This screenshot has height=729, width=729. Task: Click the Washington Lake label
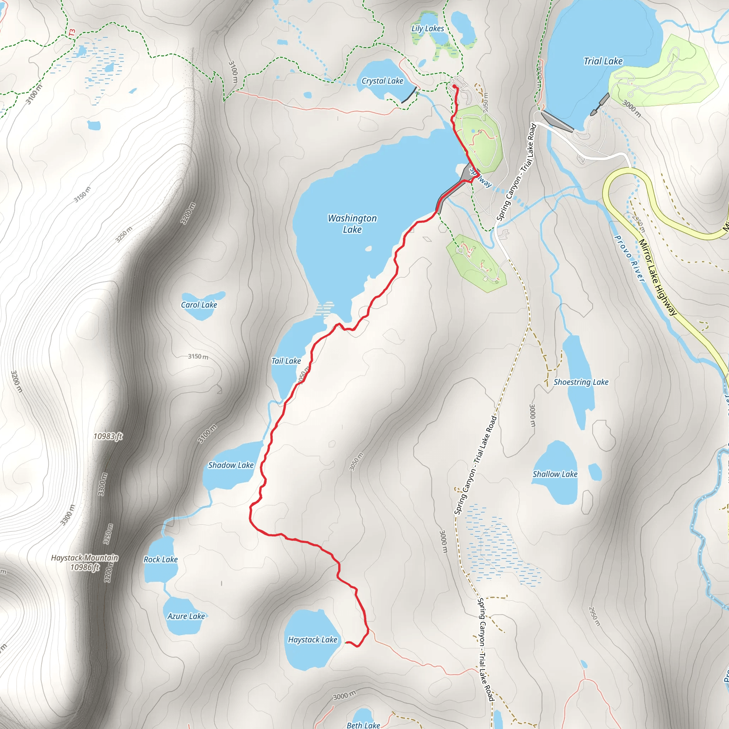[x=352, y=224]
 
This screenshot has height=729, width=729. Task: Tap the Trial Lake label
[x=603, y=61]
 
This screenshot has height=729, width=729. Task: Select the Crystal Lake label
[x=382, y=81]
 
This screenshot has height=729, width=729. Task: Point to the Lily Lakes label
[x=428, y=28]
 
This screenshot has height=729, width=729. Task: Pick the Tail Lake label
[x=286, y=361]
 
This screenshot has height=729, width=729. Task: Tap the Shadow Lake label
[x=231, y=465]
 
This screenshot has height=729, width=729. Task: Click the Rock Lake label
[x=161, y=559]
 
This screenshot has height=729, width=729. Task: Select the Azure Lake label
[x=186, y=616]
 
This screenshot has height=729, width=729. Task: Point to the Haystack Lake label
[x=313, y=639]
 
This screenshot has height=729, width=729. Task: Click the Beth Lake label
[x=363, y=725]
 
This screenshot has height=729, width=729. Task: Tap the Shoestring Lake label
[x=581, y=382]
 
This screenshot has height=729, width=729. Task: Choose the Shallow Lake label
[x=555, y=474]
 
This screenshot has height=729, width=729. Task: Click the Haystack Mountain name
[x=84, y=557]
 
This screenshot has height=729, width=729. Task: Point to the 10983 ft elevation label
[x=108, y=436]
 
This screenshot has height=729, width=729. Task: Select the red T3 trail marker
[x=72, y=33]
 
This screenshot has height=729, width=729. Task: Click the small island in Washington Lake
[x=368, y=248]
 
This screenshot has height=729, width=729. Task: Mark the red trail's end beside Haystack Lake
[x=346, y=642]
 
